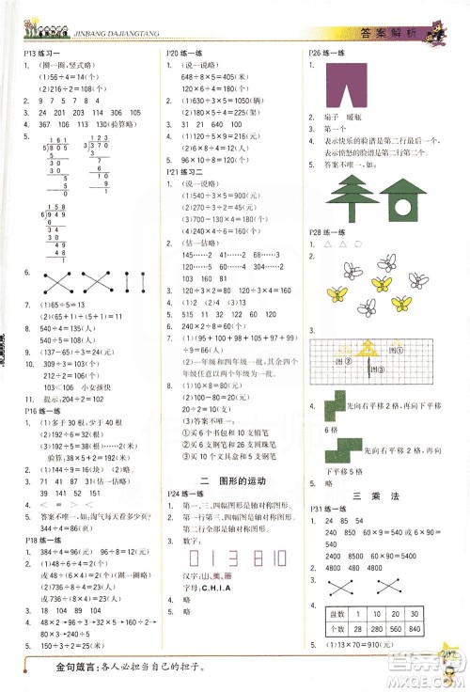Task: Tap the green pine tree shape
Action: click(347, 197)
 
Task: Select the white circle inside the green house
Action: click(409, 201)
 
